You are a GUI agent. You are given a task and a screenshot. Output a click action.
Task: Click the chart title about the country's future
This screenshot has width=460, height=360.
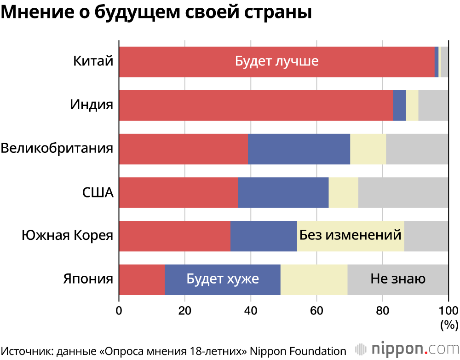tap(156, 12)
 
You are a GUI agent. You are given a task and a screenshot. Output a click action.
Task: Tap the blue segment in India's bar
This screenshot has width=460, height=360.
tap(399, 105)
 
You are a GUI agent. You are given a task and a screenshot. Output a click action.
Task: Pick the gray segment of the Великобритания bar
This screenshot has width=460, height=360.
tap(417, 149)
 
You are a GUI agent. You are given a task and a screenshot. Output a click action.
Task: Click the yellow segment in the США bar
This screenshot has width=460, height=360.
tap(343, 192)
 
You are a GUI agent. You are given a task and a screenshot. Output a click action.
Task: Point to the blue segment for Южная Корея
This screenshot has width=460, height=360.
tap(264, 236)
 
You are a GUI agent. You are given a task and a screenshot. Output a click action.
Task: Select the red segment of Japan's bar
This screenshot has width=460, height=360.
tap(142, 279)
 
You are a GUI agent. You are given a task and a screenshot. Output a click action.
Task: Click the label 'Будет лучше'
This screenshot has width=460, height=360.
tap(276, 61)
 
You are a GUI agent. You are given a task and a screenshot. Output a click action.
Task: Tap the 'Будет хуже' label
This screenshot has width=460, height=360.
tap(223, 279)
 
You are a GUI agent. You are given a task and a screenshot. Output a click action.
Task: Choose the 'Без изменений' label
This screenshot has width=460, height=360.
tap(351, 235)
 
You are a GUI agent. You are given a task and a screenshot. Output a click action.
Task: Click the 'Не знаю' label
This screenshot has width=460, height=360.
tap(398, 279)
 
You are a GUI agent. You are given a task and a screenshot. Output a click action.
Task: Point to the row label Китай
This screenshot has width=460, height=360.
tap(93, 61)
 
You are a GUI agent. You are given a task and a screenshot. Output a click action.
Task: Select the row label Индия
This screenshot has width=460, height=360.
tap(92, 105)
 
